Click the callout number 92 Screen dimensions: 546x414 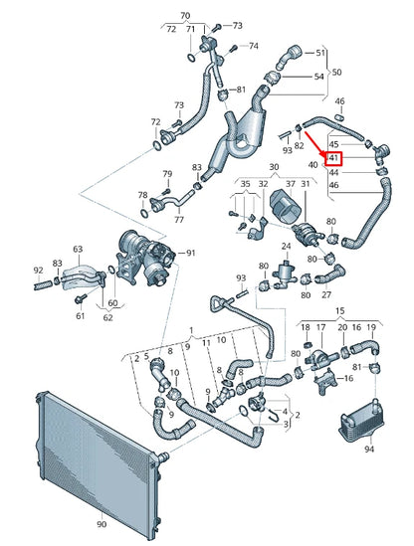(38, 270)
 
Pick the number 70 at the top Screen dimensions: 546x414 (184, 17)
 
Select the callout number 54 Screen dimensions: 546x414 (319, 77)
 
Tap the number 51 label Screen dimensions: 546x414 (320, 52)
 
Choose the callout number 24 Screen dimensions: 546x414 (286, 245)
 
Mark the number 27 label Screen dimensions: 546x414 (325, 294)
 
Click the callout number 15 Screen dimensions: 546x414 (339, 312)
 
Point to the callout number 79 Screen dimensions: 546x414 (167, 175)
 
